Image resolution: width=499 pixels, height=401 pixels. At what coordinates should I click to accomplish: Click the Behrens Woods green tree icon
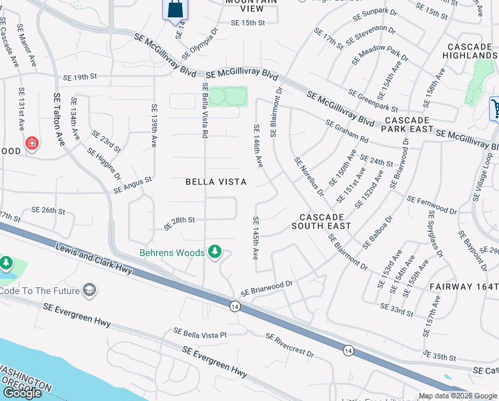tap(214, 252)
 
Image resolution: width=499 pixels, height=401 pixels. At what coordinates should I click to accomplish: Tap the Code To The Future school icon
tap(89, 290)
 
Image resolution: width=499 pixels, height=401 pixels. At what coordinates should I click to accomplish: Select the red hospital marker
tap(31, 143)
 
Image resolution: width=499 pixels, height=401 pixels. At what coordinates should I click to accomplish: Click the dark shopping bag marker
tap(175, 9)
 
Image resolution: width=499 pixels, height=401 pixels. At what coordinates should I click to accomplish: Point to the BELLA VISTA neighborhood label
tap(215, 182)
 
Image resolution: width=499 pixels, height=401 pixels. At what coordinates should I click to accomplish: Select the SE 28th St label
tap(179, 220)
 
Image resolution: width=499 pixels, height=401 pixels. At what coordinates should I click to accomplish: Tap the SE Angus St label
tap(133, 185)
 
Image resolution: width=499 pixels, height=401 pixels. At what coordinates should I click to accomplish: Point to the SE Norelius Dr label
tap(309, 176)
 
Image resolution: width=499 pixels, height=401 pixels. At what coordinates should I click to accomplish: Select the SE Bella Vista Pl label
tap(201, 332)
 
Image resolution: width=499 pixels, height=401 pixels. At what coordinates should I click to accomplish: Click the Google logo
tap(23, 393)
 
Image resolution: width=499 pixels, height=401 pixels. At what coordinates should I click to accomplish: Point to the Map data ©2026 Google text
tap(457, 396)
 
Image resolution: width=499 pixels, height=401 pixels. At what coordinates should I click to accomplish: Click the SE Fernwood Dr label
tap(432, 205)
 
